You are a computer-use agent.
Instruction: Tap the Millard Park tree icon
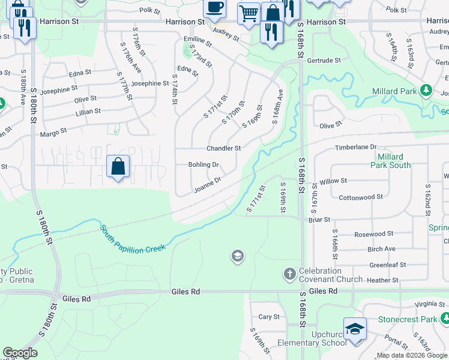click(426, 91)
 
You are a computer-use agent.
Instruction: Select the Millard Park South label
click(391, 161)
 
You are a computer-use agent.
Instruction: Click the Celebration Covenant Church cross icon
click(289, 274)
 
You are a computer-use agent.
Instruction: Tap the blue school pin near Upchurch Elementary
click(355, 330)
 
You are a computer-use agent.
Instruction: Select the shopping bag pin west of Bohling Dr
click(118, 166)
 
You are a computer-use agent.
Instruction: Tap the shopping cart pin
click(248, 13)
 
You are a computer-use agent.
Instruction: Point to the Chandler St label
click(223, 148)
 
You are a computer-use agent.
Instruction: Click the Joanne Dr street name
click(208, 185)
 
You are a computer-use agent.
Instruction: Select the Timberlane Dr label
click(355, 146)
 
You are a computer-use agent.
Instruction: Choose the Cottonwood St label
click(361, 197)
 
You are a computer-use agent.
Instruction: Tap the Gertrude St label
click(324, 61)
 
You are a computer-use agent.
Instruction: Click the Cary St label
click(268, 317)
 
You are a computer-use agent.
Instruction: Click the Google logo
click(20, 353)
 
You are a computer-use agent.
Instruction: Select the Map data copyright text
click(412, 355)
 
